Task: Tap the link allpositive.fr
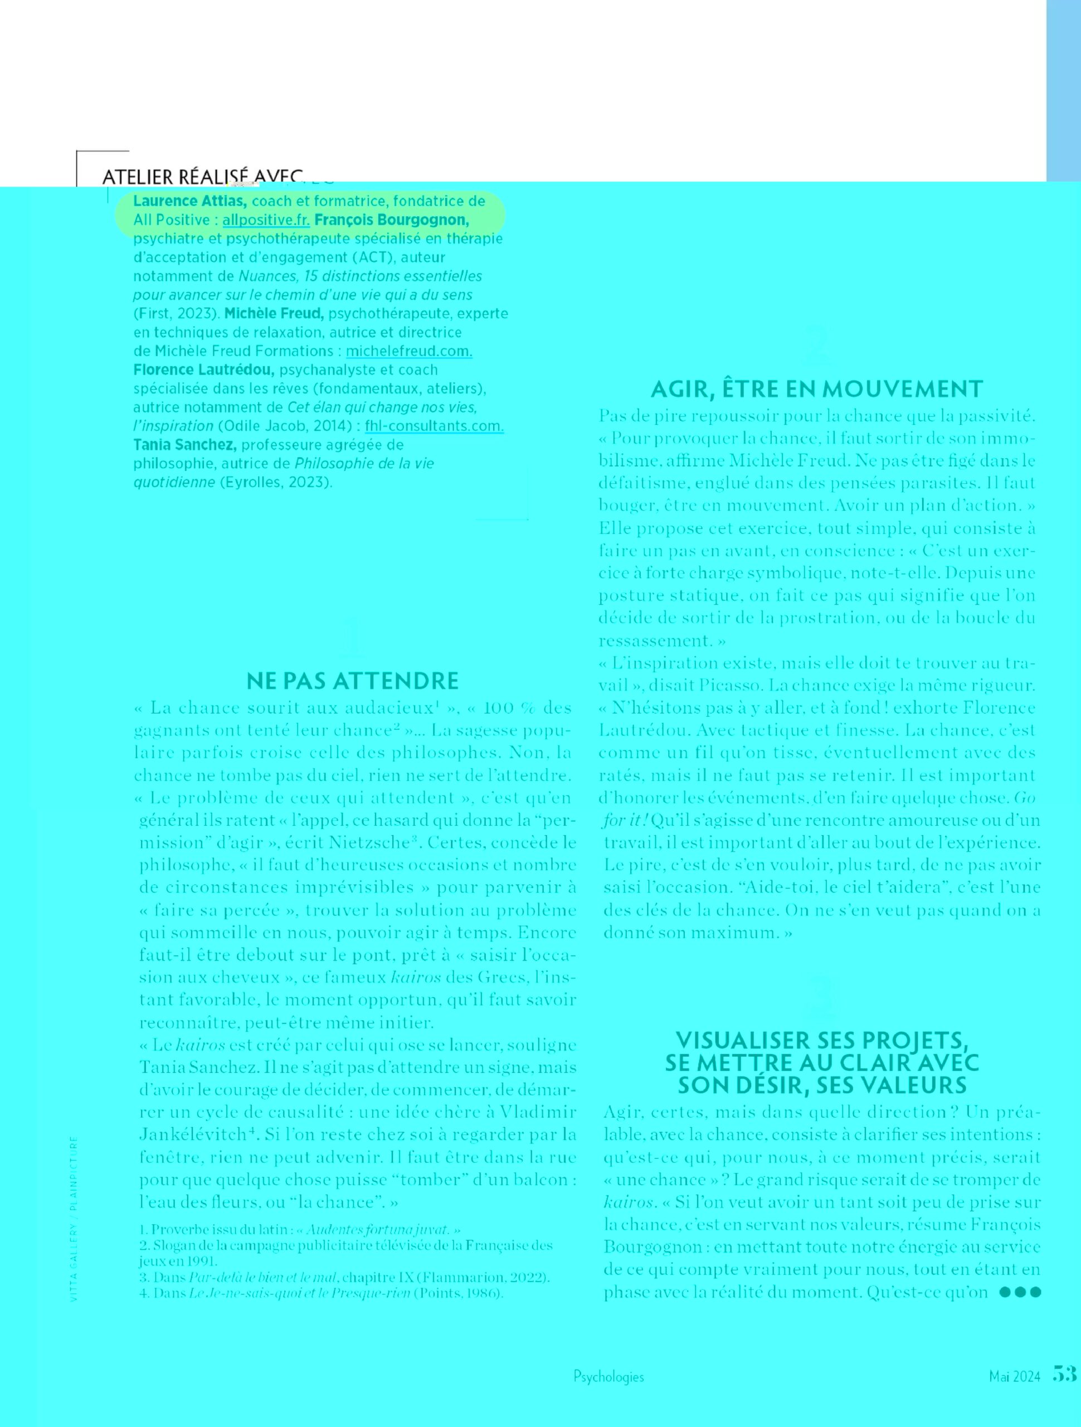click(x=266, y=220)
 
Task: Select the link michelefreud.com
click(x=409, y=351)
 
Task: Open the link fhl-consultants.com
click(x=434, y=426)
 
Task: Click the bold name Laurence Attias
click(x=189, y=201)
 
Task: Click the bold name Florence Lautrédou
click(x=204, y=370)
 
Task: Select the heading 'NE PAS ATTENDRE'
click(x=352, y=681)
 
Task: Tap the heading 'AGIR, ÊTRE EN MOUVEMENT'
click(x=816, y=389)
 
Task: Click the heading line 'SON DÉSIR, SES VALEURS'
click(x=822, y=1085)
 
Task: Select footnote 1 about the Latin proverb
click(x=299, y=1230)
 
